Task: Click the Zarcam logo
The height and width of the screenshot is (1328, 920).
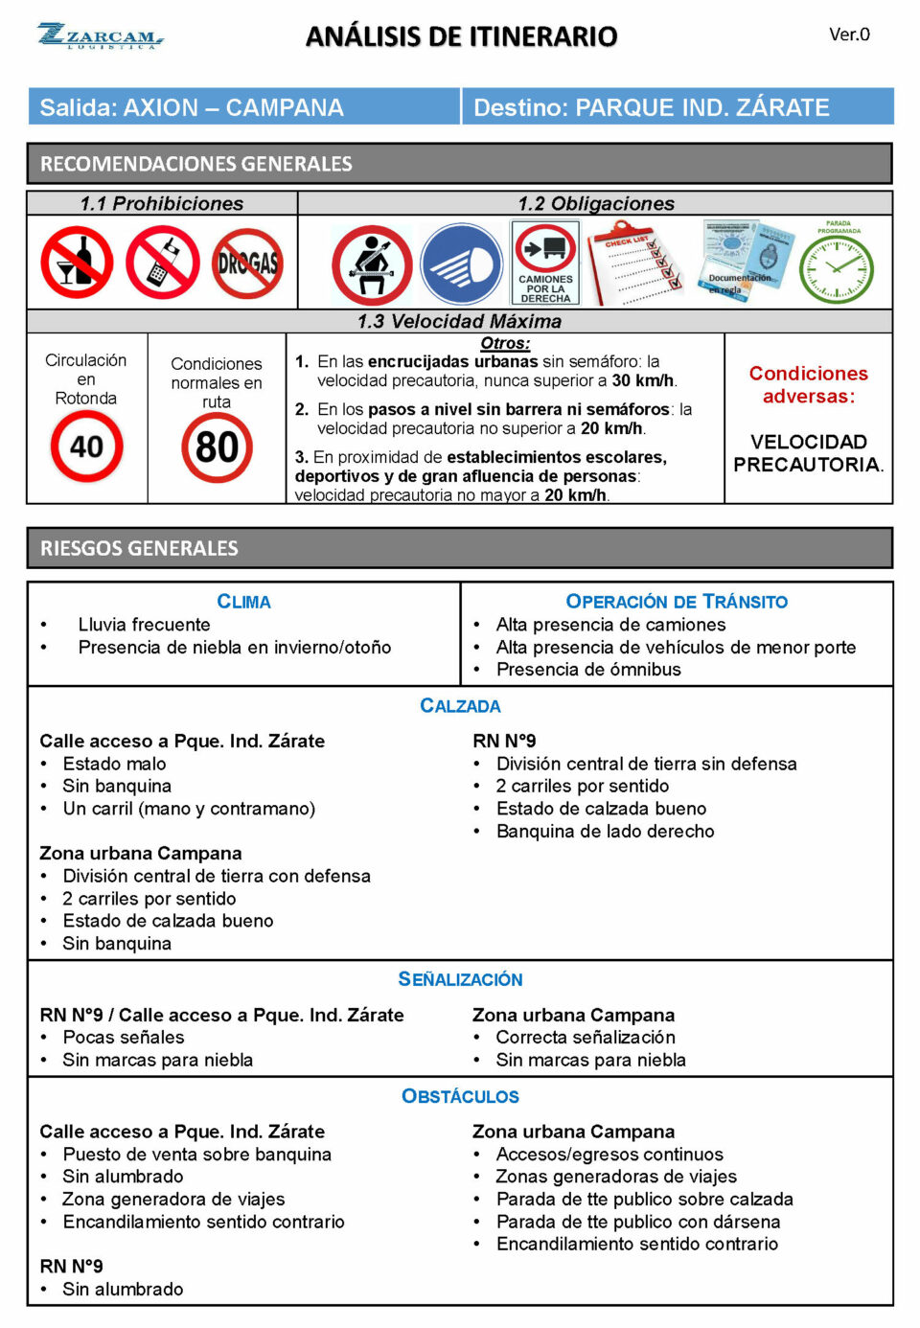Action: click(x=101, y=36)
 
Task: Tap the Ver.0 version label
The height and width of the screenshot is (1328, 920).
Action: click(x=849, y=34)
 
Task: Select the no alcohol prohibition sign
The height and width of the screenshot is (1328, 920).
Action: click(x=77, y=263)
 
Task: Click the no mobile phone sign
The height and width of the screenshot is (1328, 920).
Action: click(x=163, y=263)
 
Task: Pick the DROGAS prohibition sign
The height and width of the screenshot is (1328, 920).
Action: click(x=247, y=263)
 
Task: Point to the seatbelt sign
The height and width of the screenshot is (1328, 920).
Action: click(x=372, y=265)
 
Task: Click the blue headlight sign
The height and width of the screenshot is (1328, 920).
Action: click(x=461, y=265)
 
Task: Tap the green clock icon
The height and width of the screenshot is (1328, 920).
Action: click(x=837, y=266)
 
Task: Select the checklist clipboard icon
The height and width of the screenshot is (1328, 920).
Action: click(x=635, y=263)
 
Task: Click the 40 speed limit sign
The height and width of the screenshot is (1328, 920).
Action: click(x=86, y=446)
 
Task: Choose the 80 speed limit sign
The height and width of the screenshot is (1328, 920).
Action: click(x=217, y=447)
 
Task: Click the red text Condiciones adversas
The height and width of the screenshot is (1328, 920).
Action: click(x=808, y=384)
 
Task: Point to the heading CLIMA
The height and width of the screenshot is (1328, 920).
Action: click(x=243, y=602)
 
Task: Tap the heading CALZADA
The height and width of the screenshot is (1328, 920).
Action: click(x=460, y=706)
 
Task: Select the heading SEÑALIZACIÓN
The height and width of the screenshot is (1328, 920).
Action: click(x=460, y=979)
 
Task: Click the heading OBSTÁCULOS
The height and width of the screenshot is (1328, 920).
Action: click(x=460, y=1096)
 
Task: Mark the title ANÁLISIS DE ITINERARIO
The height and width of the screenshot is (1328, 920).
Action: click(x=461, y=36)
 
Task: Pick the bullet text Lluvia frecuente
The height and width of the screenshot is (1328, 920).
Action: click(x=144, y=625)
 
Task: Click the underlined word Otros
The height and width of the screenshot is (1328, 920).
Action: click(x=505, y=343)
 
